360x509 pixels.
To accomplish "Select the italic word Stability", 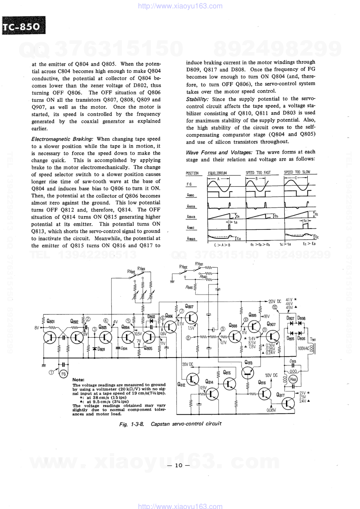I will [197, 99].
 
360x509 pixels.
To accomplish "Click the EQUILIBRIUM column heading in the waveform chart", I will [218, 173].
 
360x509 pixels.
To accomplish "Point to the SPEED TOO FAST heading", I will [258, 173].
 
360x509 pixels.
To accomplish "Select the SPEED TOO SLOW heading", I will [297, 172].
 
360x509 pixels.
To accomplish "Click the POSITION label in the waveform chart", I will [192, 174].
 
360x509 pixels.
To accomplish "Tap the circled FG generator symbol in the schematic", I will [63, 374].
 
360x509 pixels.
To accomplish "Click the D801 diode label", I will [101, 349].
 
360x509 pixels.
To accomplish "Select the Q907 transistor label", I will [271, 324].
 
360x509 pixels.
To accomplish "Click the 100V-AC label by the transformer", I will [303, 349].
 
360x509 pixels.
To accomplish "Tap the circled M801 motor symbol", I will [293, 379].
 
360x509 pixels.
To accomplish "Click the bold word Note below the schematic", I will [78, 380].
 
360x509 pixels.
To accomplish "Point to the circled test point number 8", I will [188, 338].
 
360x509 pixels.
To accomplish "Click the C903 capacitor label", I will [293, 362].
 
